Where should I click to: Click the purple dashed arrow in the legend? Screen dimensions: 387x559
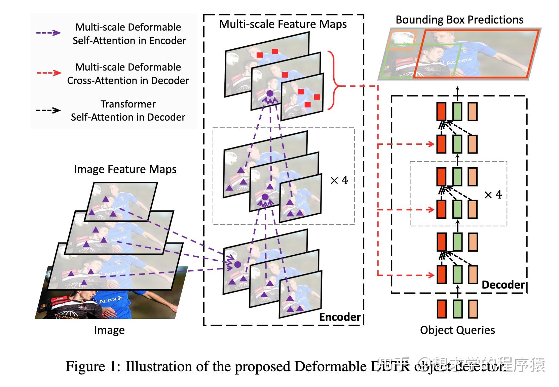coord(48,33)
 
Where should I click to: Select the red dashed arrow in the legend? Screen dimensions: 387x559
coord(48,73)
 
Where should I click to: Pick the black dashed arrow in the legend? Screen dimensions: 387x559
coord(48,110)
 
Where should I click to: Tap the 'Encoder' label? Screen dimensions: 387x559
coord(339,317)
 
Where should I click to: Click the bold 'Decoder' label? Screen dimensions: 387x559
coord(503,285)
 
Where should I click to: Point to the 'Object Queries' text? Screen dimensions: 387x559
coord(457,330)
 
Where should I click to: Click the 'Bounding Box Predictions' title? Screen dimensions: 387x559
coord(459,20)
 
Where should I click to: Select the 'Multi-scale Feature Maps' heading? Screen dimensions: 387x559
coord(283,24)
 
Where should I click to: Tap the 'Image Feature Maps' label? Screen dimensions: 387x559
coord(125,169)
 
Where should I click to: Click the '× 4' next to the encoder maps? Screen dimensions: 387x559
coord(339,180)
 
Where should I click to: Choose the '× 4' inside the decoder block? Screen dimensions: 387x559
coord(493,195)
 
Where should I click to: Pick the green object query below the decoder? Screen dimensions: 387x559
coord(457,309)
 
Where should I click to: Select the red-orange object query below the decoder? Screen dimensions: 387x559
coord(441,309)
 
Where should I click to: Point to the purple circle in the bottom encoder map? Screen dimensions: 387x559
coord(237,265)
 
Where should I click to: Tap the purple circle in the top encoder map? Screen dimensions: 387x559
coord(269,93)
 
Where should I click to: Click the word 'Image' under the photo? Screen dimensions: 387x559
coord(109,330)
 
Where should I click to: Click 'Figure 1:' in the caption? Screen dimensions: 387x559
coord(92,366)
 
